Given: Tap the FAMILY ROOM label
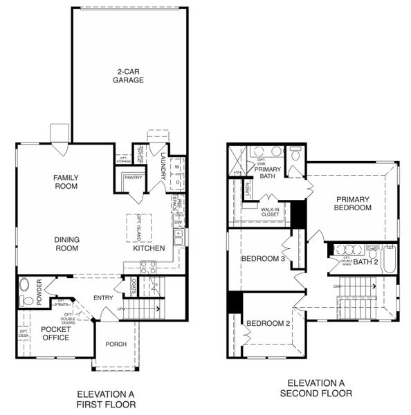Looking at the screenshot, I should (66, 182).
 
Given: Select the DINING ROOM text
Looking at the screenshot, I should (67, 243).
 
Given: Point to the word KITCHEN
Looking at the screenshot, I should (149, 248).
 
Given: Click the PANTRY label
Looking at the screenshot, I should (132, 178).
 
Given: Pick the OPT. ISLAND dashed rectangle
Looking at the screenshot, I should (137, 225).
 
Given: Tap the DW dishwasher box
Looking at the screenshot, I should (178, 221).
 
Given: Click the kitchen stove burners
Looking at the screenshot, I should (148, 264).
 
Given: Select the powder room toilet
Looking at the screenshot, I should (25, 299).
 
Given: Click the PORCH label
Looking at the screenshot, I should (116, 344).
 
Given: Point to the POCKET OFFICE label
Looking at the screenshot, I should (55, 333).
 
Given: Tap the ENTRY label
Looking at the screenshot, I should (103, 298).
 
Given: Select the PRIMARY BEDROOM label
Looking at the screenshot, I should (353, 203).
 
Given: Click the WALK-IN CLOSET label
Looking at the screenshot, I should (269, 211).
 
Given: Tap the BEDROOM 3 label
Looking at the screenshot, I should (263, 259).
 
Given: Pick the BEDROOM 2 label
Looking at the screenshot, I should (268, 324).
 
